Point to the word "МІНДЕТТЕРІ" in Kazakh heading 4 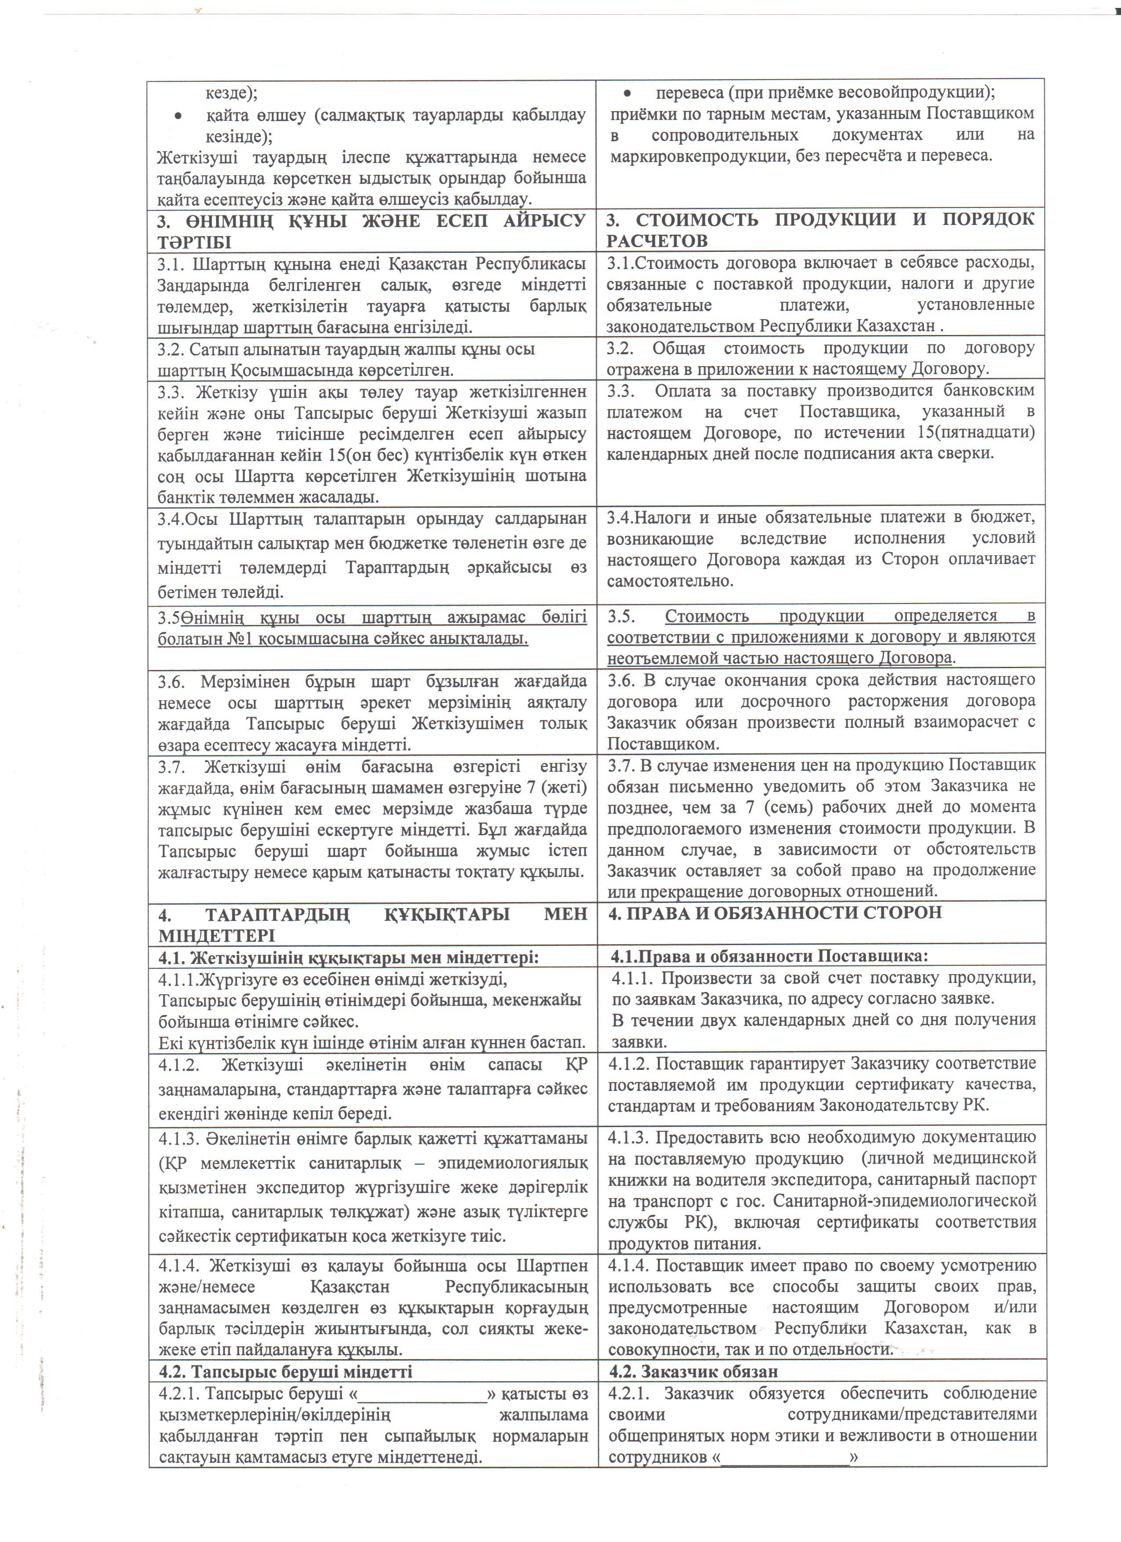pos(212,935)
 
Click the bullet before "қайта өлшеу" pos(178,116)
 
